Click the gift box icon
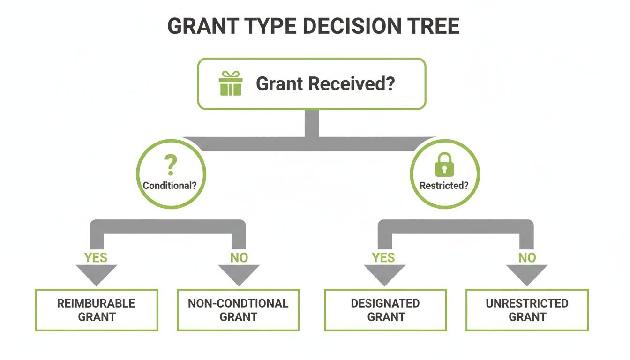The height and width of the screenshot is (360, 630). click(231, 83)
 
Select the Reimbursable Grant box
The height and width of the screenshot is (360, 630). click(96, 310)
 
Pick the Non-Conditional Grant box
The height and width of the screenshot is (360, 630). click(238, 310)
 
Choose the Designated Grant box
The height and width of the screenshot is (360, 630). click(386, 310)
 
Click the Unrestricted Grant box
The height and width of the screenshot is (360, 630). click(527, 310)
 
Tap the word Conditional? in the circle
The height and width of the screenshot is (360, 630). click(170, 185)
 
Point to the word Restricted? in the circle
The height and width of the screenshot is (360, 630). click(444, 185)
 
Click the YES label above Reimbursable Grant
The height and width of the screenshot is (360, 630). click(96, 257)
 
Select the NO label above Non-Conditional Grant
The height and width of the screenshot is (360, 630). click(239, 257)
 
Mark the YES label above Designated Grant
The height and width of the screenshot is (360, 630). click(384, 257)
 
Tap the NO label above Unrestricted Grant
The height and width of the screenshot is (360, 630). click(527, 257)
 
